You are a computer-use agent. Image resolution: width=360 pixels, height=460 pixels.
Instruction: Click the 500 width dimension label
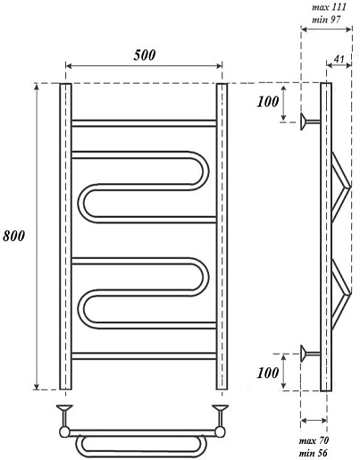145,55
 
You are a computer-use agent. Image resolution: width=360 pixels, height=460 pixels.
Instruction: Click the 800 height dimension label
13,236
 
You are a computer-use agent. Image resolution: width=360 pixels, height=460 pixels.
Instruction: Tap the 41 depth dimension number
339,59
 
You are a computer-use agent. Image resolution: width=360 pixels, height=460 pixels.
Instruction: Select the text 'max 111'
329,7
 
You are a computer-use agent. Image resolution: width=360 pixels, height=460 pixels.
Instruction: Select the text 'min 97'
326,20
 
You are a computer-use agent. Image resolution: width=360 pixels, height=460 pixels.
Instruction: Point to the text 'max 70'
314,440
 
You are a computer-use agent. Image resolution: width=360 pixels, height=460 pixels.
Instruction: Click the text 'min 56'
313,453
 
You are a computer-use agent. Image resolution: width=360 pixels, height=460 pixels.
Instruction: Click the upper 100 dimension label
268,102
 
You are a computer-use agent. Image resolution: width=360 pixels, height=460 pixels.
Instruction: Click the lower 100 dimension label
268,372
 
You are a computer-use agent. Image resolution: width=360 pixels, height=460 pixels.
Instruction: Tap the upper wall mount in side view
310,121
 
